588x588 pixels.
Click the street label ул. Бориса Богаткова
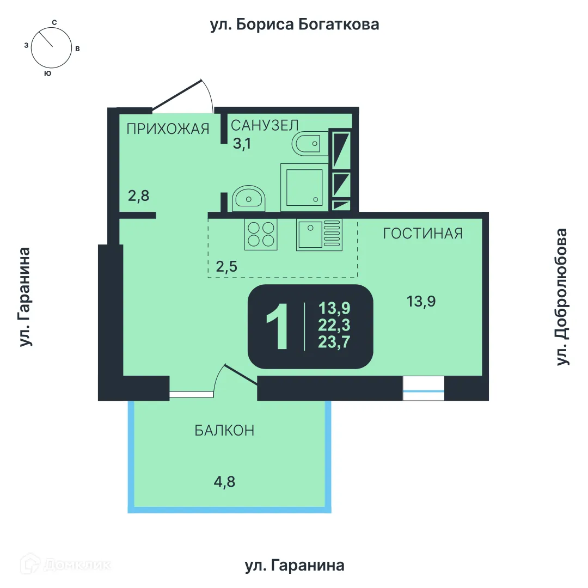[x=295, y=24]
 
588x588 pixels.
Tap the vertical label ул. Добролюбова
[x=562, y=297]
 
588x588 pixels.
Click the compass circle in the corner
[x=51, y=47]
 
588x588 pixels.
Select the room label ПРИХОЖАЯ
[x=168, y=129]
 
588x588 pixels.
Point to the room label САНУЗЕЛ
[x=265, y=125]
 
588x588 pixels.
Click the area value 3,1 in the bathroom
[x=242, y=143]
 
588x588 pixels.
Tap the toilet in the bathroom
[x=310, y=143]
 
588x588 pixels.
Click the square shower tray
[x=304, y=187]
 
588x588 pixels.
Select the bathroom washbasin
[x=249, y=198]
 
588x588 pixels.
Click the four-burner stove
[x=261, y=234]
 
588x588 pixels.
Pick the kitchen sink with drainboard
[x=319, y=234]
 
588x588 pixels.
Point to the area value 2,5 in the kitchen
[x=226, y=267]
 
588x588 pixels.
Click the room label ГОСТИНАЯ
[x=423, y=234]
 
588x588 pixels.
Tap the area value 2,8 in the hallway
[x=139, y=196]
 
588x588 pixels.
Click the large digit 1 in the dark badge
[x=278, y=326]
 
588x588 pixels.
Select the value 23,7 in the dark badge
[x=334, y=342]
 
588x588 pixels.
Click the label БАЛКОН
[x=224, y=431]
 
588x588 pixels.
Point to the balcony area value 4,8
[x=225, y=482]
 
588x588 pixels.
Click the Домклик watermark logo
[x=66, y=564]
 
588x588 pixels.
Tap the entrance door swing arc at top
[x=209, y=94]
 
